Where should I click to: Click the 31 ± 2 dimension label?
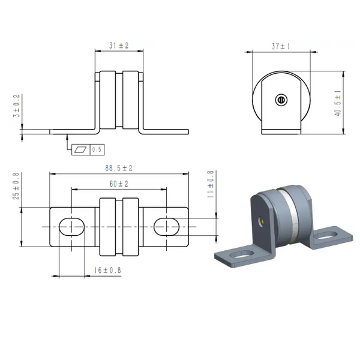(x=119, y=46)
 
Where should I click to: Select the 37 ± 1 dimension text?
(x=281, y=46)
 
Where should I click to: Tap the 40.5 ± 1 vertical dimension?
(x=338, y=103)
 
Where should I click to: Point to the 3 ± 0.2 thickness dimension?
(x=17, y=106)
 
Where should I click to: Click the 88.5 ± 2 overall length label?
(x=119, y=168)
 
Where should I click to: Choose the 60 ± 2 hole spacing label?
(x=119, y=184)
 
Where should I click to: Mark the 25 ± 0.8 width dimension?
(x=16, y=186)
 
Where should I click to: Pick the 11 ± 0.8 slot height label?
(x=211, y=184)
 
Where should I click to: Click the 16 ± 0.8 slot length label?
(x=107, y=270)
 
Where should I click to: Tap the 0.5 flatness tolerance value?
(x=97, y=149)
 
